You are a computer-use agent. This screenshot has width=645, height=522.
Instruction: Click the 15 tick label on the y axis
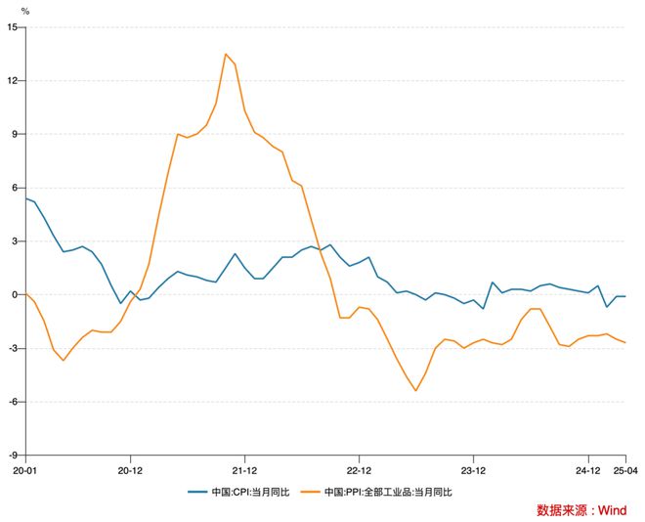13,27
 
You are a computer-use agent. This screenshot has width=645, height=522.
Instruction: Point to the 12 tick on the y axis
13,80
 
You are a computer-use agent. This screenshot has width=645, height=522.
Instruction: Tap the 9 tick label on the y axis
15,134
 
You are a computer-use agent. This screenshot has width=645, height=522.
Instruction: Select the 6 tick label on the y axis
15,188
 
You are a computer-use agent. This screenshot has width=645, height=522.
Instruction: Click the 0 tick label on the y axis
15,294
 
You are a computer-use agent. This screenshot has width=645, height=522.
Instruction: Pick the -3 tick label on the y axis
13,348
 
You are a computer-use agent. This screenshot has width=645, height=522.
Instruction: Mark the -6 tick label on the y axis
13,402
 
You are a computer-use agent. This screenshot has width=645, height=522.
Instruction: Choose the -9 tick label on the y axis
13,455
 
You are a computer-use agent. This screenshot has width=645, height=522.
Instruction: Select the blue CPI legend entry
245,491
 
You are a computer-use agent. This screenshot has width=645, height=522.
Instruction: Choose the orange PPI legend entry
379,491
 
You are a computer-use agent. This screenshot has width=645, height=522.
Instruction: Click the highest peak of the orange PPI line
226,54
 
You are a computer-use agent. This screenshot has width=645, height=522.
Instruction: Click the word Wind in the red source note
613,510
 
